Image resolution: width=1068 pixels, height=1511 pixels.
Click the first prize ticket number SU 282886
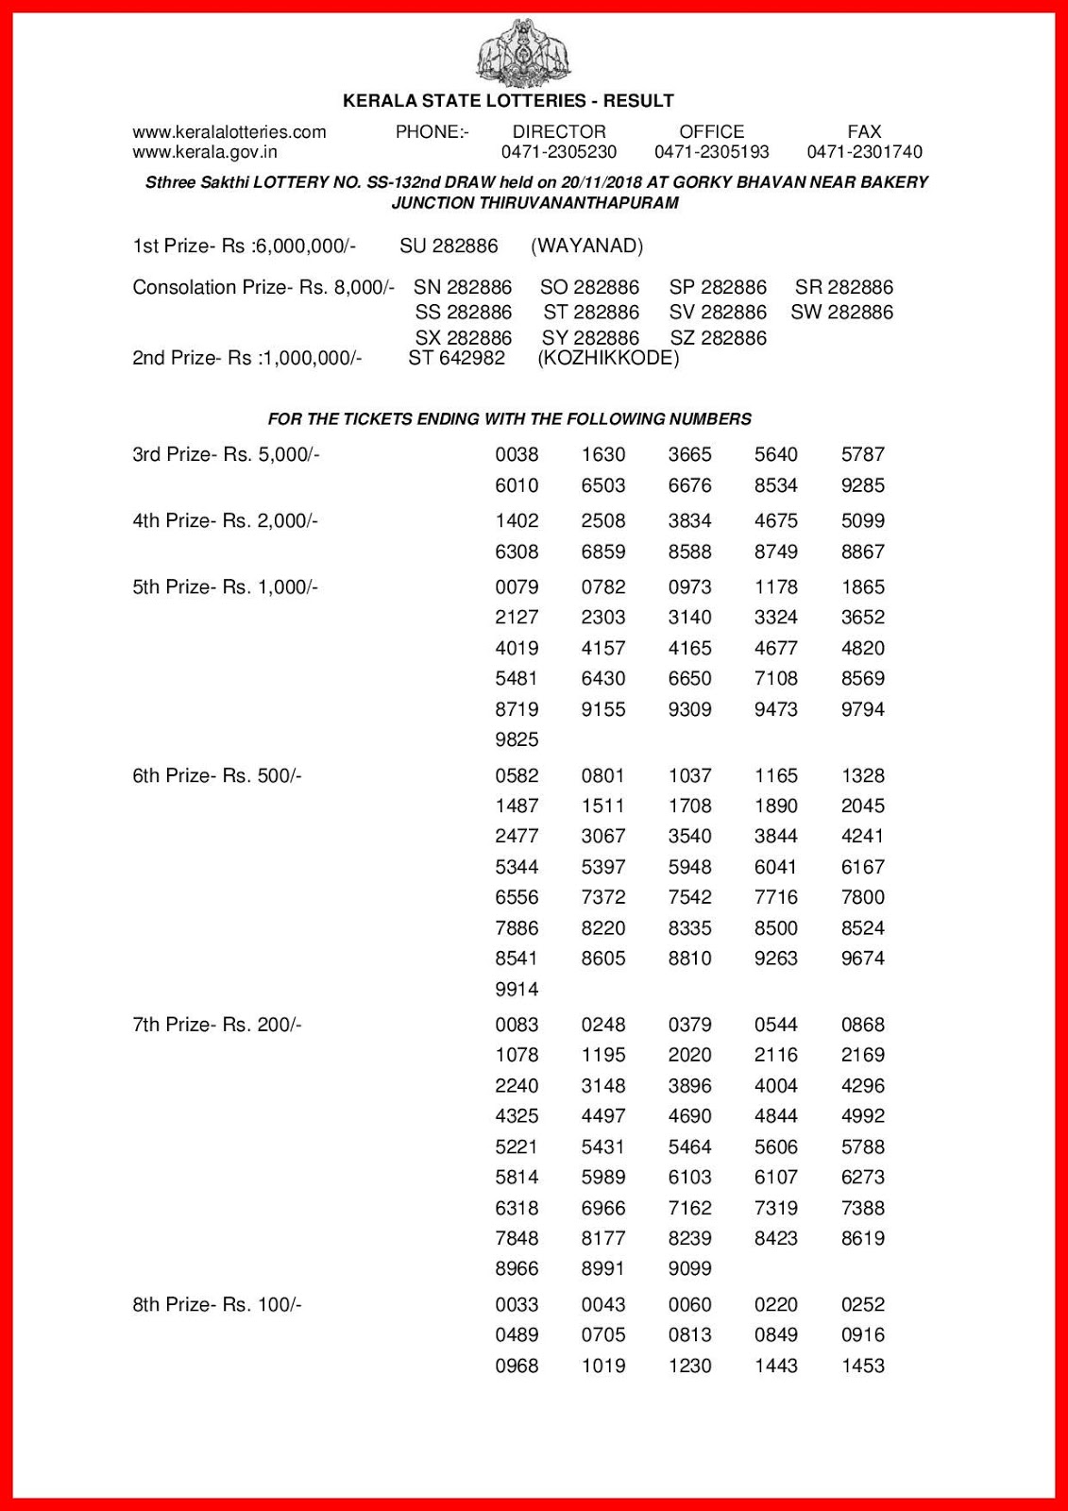[x=449, y=246]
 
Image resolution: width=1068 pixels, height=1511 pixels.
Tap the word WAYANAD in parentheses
[x=587, y=246]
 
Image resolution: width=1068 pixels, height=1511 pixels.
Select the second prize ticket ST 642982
[x=456, y=359]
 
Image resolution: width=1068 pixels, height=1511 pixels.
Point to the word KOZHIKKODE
[x=608, y=359]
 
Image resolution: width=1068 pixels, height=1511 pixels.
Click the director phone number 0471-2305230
[x=559, y=152]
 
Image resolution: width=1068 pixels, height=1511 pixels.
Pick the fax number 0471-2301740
[x=864, y=152]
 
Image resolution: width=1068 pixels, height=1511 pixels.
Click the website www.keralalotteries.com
[x=229, y=132]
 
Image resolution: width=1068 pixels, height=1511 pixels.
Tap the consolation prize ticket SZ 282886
[x=718, y=338]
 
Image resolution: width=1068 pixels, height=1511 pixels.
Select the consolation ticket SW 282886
[x=841, y=313]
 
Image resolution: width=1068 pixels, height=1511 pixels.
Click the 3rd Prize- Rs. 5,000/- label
[x=227, y=455]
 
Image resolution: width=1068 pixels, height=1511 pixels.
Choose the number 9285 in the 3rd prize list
[x=863, y=485]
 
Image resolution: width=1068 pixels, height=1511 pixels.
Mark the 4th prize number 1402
[x=517, y=521]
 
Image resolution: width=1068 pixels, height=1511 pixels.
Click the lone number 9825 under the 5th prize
[x=517, y=739]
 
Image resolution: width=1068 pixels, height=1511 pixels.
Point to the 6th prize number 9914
[x=517, y=990]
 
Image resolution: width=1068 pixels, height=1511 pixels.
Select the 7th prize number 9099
[x=689, y=1269]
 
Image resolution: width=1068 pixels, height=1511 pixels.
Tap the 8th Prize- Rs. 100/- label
[x=217, y=1305]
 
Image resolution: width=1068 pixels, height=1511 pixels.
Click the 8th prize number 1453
[x=863, y=1366]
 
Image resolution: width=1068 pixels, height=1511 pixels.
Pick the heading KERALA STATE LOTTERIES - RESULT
[x=508, y=101]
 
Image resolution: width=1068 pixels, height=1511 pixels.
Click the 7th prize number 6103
[x=689, y=1178]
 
